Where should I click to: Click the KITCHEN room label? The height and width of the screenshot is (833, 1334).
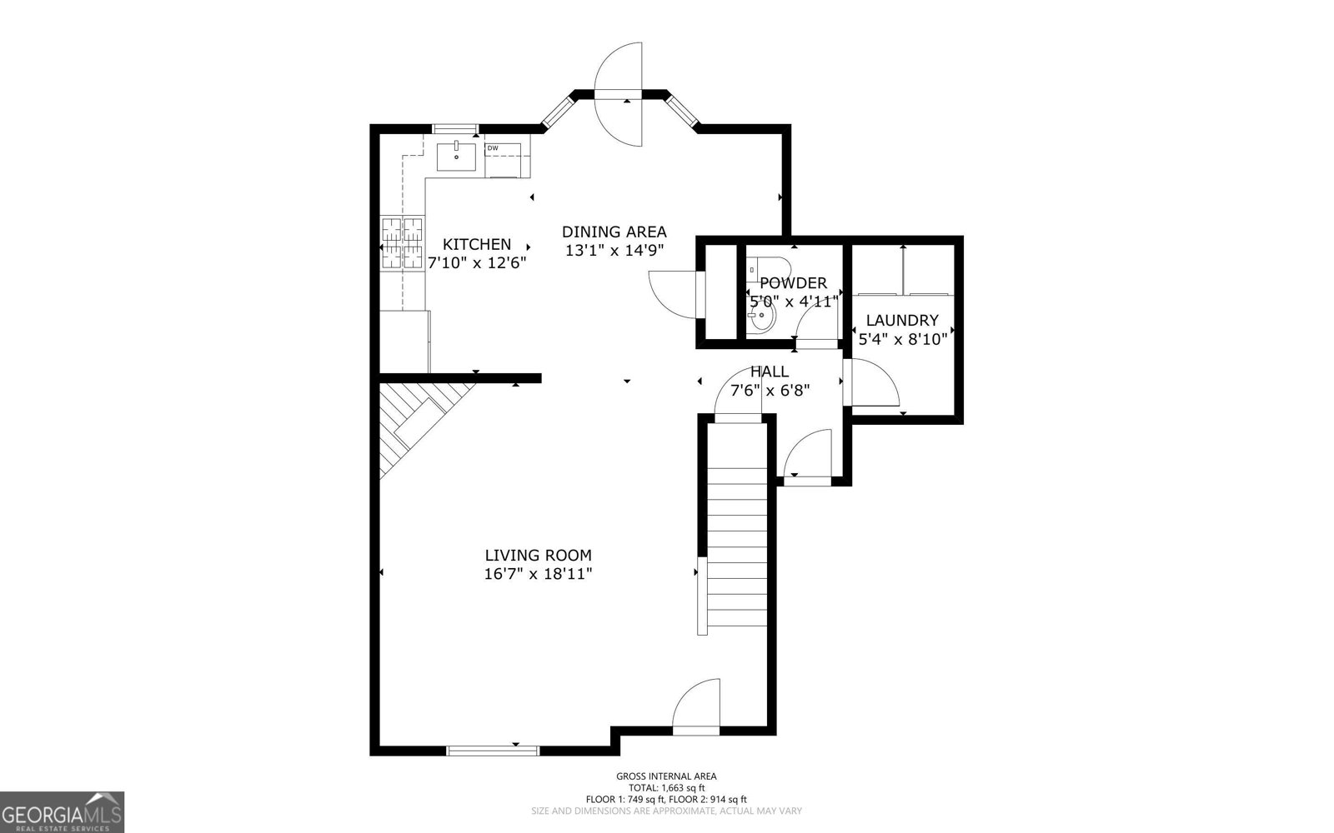(476, 244)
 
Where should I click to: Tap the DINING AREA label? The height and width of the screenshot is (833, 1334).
(614, 232)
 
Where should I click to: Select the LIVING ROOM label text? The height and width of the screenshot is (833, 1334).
(538, 555)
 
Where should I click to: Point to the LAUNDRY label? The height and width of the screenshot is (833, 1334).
(901, 320)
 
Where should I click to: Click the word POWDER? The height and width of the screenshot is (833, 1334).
(793, 283)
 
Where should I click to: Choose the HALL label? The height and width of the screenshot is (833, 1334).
(769, 372)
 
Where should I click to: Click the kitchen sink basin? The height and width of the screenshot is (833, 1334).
(457, 157)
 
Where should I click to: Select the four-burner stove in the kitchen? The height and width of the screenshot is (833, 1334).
(404, 243)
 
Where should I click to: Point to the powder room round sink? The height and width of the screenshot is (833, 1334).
(763, 317)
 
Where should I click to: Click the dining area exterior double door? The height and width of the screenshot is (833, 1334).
(619, 93)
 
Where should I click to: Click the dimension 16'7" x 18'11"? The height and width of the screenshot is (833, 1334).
(538, 574)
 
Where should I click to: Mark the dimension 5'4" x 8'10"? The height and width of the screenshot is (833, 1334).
(901, 338)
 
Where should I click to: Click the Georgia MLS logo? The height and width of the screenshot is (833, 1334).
(62, 811)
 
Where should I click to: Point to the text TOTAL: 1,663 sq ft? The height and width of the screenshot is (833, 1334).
(666, 787)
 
